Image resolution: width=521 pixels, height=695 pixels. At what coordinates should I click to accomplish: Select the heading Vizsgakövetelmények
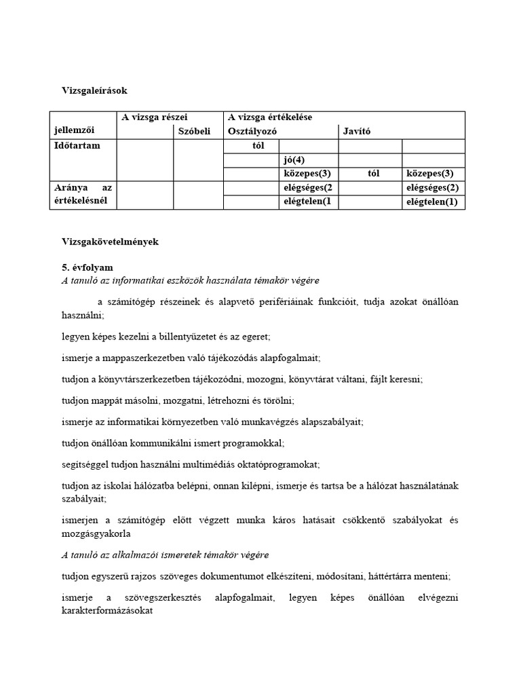[110, 242]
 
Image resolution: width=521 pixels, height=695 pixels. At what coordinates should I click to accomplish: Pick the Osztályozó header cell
[252, 131]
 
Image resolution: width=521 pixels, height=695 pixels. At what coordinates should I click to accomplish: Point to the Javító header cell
[357, 131]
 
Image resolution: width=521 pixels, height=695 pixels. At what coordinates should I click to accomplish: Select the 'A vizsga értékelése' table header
[270, 117]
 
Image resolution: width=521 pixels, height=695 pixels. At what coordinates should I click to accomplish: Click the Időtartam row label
[77, 145]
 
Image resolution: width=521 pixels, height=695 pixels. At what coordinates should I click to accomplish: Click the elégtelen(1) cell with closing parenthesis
[432, 202]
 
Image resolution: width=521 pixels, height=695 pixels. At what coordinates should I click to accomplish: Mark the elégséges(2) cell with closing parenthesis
[432, 187]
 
